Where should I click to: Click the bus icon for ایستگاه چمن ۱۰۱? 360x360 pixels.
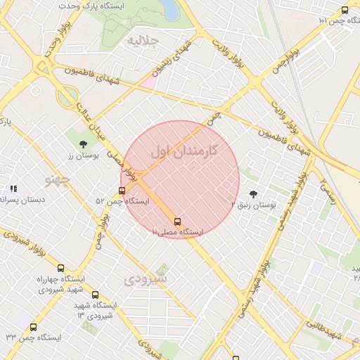(345, 10)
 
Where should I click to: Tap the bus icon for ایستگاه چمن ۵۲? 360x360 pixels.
(124, 191)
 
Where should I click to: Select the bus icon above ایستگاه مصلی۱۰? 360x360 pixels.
(176, 221)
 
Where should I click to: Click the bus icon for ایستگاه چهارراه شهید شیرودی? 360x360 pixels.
(60, 268)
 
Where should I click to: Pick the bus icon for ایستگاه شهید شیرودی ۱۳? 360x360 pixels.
(96, 295)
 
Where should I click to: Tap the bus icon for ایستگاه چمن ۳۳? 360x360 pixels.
(34, 327)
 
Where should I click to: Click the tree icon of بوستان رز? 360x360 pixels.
(84, 144)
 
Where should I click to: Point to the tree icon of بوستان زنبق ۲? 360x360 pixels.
(253, 194)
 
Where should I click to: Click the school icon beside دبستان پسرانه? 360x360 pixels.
(13, 189)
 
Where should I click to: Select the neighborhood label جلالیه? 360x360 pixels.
(140, 41)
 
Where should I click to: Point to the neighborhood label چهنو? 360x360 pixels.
(58, 180)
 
